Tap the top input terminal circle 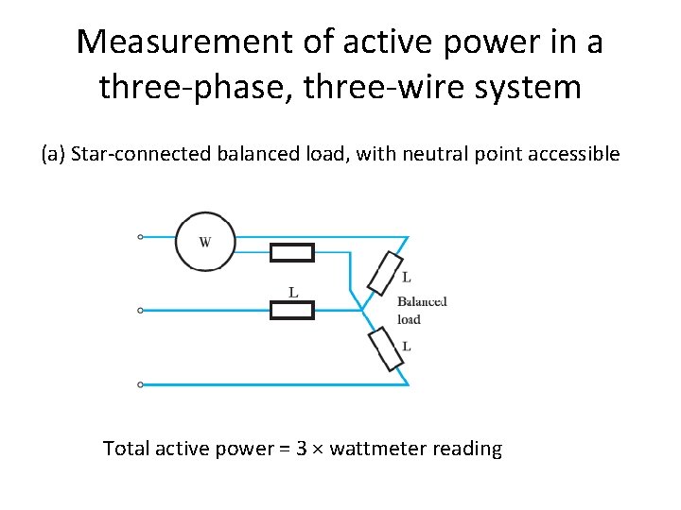[x=141, y=237]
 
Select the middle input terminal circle [x=141, y=310]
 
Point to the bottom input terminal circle [x=141, y=384]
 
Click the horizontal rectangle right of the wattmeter [x=292, y=252]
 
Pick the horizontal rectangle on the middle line [x=292, y=310]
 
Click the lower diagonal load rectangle [x=386, y=348]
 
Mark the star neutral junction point [x=362, y=310]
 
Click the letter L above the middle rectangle [x=293, y=292]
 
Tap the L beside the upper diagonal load [x=407, y=278]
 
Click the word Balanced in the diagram [x=421, y=302]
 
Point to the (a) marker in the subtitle [x=52, y=154]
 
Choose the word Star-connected [x=136, y=154]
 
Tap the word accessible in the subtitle [x=577, y=154]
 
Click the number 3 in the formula [x=302, y=449]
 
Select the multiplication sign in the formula [x=318, y=450]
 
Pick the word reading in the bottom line [x=467, y=450]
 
